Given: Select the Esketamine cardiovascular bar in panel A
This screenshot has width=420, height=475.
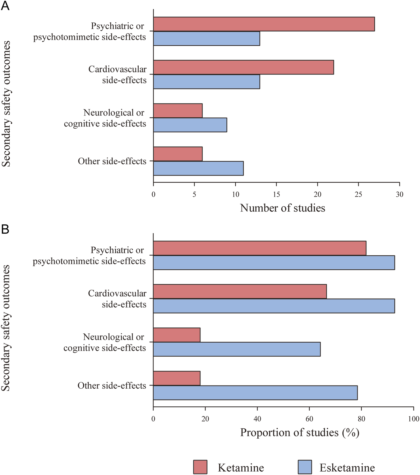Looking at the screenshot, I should (x=206, y=82).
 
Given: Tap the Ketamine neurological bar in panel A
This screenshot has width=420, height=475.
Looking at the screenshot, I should (x=178, y=111).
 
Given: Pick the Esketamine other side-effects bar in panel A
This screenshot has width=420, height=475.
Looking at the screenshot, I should (x=198, y=168).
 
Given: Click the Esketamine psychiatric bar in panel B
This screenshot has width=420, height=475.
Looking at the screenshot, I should (x=274, y=263).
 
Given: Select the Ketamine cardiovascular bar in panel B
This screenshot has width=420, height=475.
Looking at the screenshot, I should (x=240, y=291).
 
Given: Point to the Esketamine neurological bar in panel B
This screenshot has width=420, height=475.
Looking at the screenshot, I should (x=237, y=349).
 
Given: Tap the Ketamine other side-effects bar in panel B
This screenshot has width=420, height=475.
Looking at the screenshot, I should (x=177, y=378).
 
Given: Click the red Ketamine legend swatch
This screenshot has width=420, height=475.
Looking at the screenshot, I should (x=200, y=467).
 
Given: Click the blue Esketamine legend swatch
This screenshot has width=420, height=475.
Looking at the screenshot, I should (x=305, y=467).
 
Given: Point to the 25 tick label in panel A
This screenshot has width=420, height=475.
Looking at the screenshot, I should (x=358, y=194).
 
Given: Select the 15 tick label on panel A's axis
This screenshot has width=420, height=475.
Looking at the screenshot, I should (x=276, y=194).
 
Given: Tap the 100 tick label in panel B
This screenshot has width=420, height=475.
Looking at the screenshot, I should (x=413, y=419).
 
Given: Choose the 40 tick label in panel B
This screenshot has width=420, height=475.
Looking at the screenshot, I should (x=257, y=419).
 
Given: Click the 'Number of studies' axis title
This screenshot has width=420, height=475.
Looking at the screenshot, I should (x=282, y=208).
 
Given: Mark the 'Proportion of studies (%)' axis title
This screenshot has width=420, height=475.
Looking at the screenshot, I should (x=300, y=432).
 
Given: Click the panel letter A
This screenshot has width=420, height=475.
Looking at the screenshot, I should (x=5, y=6).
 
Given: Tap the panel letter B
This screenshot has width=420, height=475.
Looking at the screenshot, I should (x=5, y=230).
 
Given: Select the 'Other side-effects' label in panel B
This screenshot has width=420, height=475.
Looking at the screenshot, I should (x=112, y=386).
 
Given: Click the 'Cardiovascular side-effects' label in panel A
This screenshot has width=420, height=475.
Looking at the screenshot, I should (x=118, y=75).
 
